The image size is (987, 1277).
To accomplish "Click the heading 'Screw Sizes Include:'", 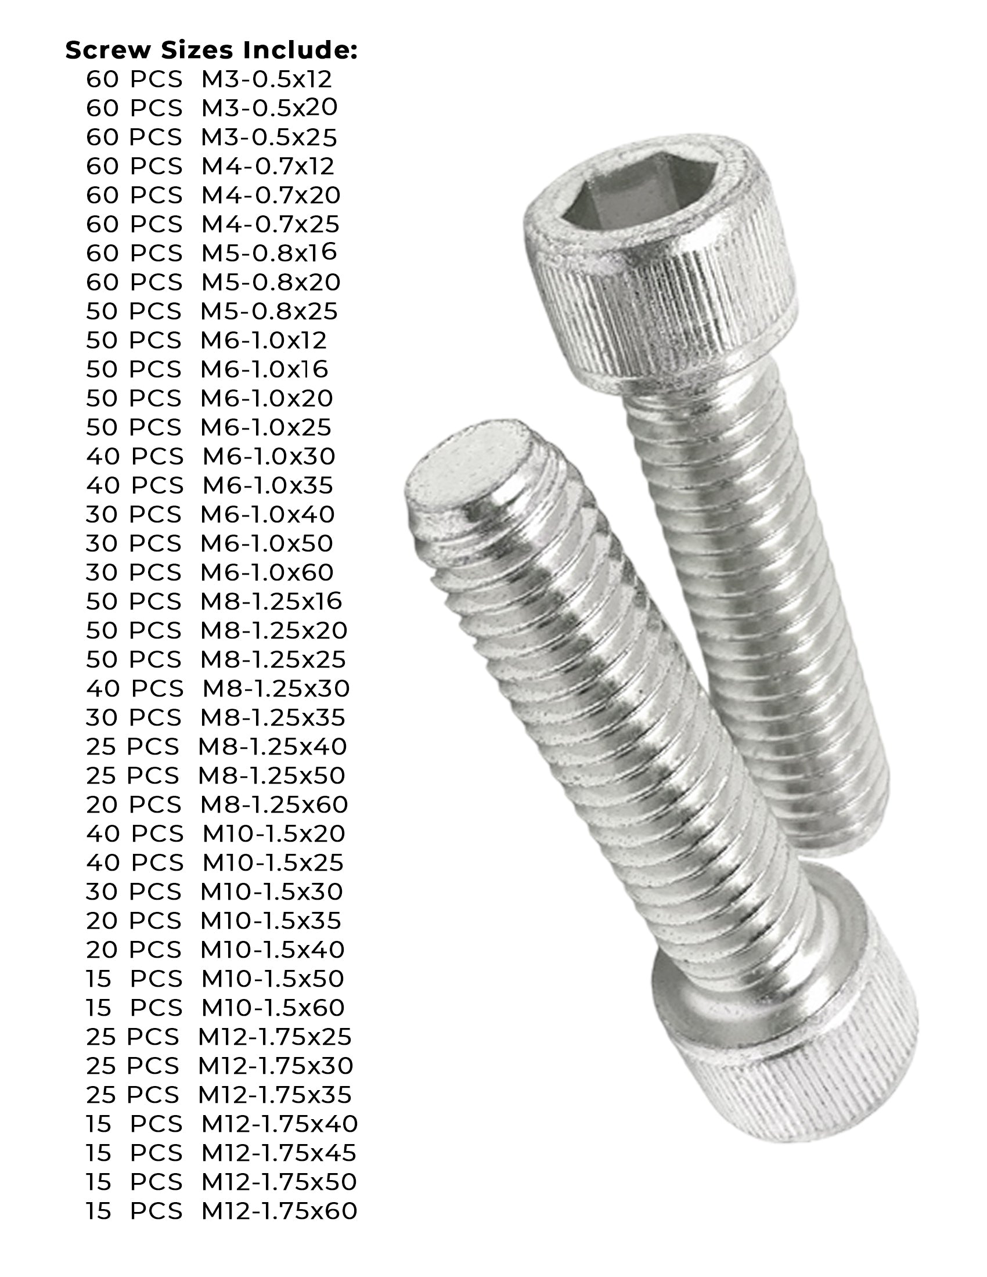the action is pyautogui.click(x=211, y=51).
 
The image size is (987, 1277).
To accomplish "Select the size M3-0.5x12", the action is pyautogui.click(x=266, y=79).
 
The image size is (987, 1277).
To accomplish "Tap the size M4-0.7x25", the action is pyautogui.click(x=270, y=224).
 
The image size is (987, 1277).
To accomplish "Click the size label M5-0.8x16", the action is pyautogui.click(x=269, y=252).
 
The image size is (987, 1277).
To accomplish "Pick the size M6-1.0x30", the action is pyautogui.click(x=268, y=456).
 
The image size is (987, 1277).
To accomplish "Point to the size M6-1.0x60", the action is pyautogui.click(x=266, y=572).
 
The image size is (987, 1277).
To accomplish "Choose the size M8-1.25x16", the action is pyautogui.click(x=271, y=601).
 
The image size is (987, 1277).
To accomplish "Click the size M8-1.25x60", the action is pyautogui.click(x=274, y=805).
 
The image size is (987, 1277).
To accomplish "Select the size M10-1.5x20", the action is pyautogui.click(x=273, y=833).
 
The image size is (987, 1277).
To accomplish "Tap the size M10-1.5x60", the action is pyautogui.click(x=273, y=1008).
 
